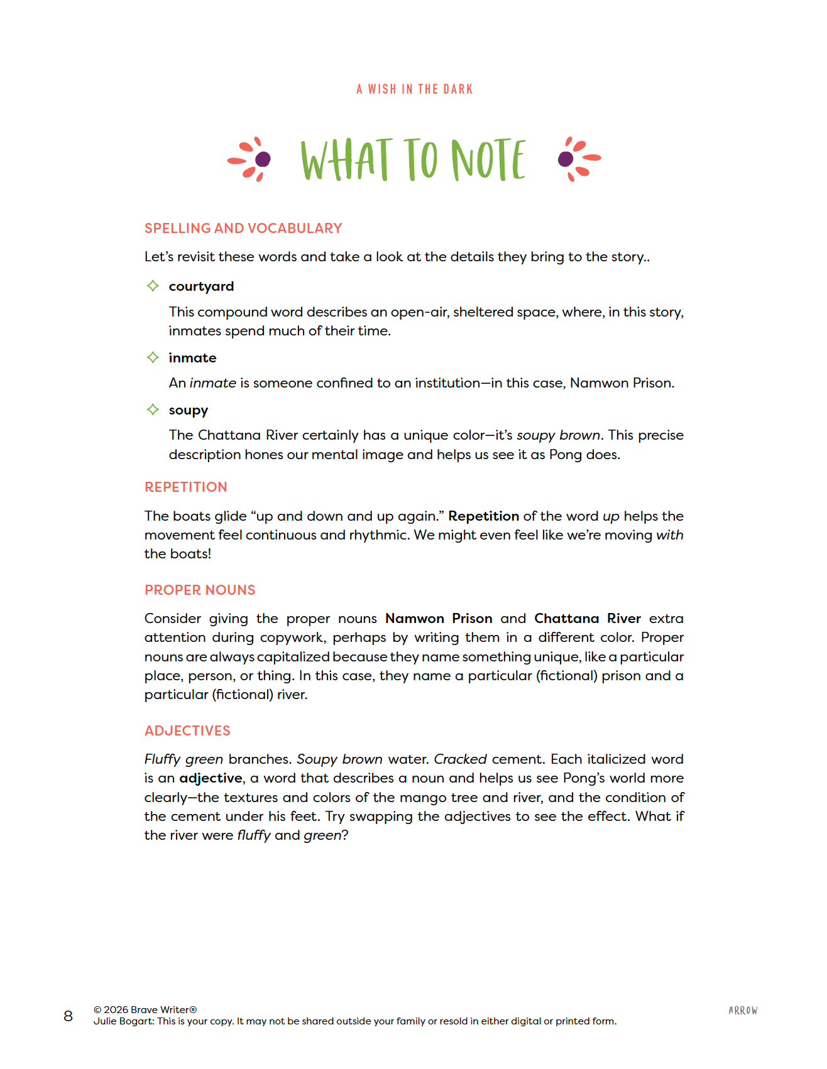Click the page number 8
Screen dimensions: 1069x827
[x=68, y=1016]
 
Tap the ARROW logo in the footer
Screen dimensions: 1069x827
[x=743, y=1011]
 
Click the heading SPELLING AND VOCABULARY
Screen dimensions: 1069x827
[x=243, y=228]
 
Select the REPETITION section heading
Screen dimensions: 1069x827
[x=186, y=487]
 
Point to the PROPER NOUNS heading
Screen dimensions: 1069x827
[x=200, y=590]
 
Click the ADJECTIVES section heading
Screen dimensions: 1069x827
[x=187, y=730]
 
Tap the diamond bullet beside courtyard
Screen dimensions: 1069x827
[x=153, y=286]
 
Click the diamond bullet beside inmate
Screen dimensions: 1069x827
[x=153, y=357]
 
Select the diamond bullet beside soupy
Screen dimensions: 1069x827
[x=153, y=410]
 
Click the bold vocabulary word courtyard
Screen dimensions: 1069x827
[x=201, y=286]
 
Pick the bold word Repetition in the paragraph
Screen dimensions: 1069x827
[x=483, y=516]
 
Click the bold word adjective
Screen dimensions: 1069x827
[x=211, y=778]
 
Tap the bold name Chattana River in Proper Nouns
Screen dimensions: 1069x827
[x=588, y=618]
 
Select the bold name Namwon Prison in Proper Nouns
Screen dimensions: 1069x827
[x=439, y=618]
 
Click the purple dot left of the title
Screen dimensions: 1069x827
[x=263, y=158]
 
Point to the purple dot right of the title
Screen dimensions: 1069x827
[x=565, y=158]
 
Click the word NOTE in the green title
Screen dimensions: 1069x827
[x=488, y=160]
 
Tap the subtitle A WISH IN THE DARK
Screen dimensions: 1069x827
[x=414, y=89]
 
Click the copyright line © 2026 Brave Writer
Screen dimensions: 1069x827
[x=145, y=1009]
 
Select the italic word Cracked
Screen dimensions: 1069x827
[x=460, y=759]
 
